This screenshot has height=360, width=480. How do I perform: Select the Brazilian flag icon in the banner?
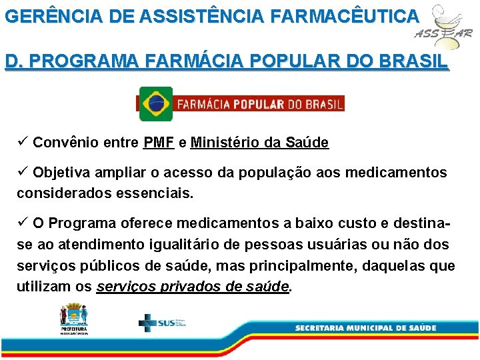coord(156,103)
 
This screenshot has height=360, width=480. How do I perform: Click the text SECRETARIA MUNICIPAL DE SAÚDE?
coord(365,327)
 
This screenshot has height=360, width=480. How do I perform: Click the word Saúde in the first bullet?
coord(307,142)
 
